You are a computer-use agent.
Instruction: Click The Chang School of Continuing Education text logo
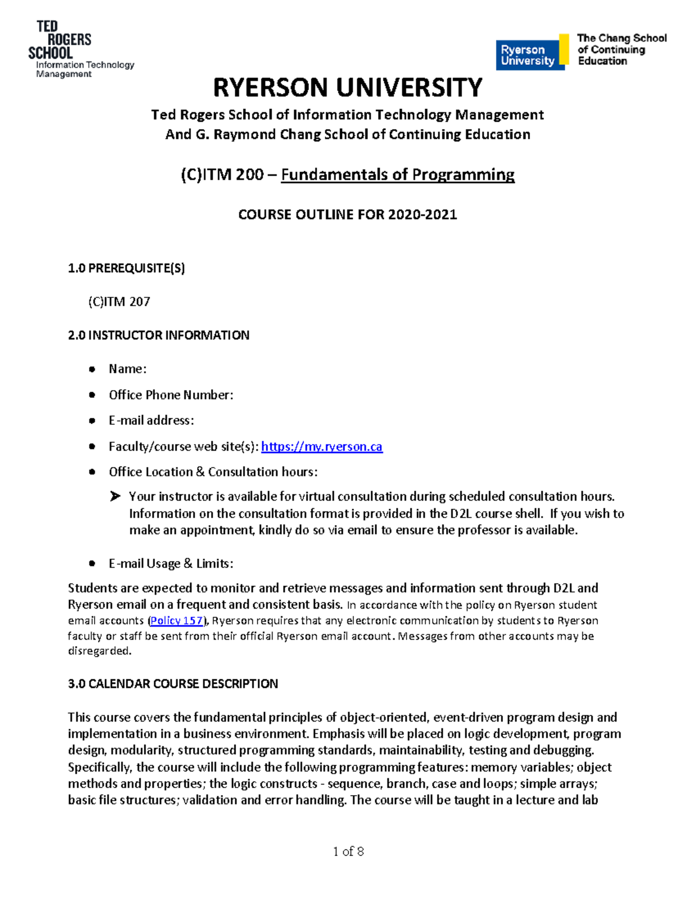tap(621, 49)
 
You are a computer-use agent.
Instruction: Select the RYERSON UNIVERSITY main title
tap(347, 88)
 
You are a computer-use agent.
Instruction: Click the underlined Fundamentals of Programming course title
tap(397, 174)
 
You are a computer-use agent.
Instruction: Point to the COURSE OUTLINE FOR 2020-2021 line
tap(347, 214)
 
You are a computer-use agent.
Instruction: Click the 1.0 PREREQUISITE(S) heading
tap(126, 268)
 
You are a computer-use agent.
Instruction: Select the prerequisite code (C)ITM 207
tap(119, 301)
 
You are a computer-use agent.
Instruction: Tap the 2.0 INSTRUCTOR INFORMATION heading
tap(158, 335)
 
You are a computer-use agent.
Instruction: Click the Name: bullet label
tap(128, 369)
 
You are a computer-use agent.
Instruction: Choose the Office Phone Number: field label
tap(171, 395)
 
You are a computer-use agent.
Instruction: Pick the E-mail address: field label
tap(151, 420)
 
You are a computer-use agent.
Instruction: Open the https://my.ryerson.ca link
tap(322, 446)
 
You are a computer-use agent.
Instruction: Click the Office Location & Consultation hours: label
tap(213, 472)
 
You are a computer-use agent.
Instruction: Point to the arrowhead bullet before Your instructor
tap(115, 496)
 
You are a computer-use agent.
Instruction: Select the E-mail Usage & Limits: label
tap(171, 563)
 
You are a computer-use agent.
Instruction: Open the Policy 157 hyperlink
tap(176, 621)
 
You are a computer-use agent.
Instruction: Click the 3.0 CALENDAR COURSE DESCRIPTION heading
tap(173, 683)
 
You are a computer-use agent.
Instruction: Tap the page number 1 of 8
tap(348, 851)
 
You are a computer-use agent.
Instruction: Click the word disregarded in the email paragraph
tap(99, 651)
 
